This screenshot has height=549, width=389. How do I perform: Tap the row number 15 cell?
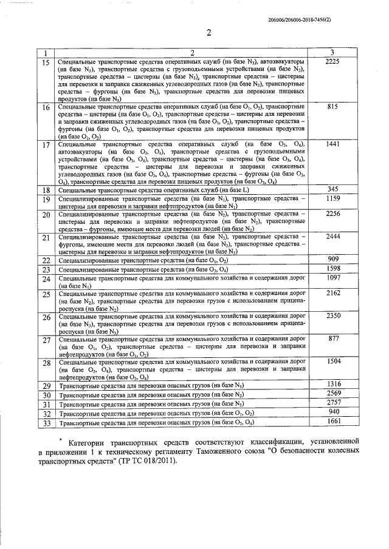click(x=46, y=62)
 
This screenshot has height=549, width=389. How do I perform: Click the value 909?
click(x=332, y=259)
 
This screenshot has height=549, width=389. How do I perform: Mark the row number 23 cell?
click(x=46, y=269)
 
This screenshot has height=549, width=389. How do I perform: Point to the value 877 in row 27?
click(x=332, y=338)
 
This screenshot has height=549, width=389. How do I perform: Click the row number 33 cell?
click(x=46, y=422)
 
